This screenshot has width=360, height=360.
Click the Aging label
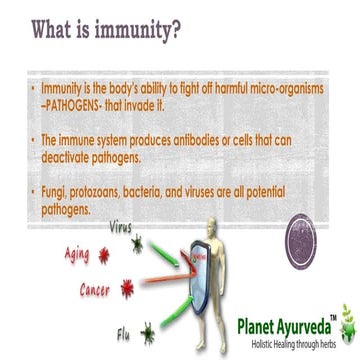(77, 255)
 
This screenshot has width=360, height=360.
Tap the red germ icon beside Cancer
(127, 289)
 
